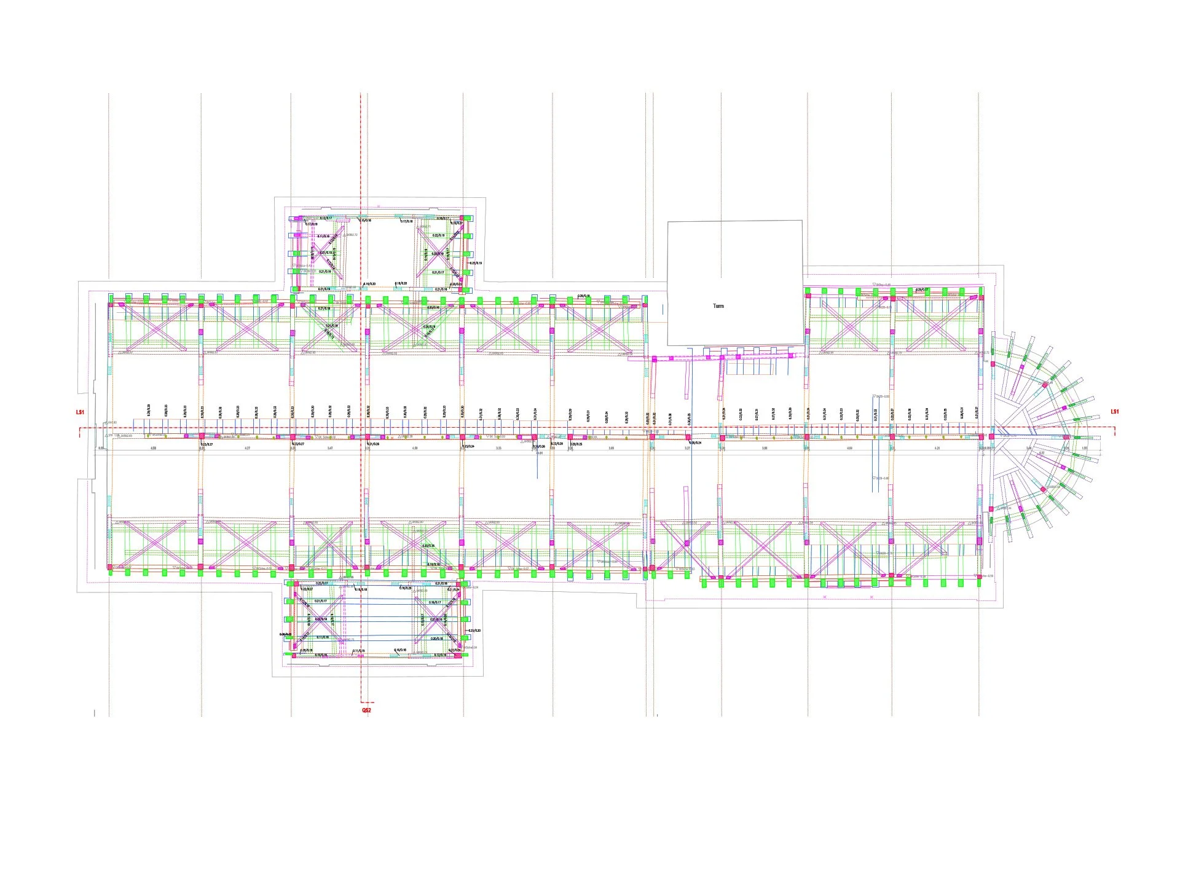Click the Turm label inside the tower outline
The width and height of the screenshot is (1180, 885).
(x=718, y=305)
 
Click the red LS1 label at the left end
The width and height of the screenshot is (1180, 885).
(x=80, y=412)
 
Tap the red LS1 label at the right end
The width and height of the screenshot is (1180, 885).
(x=1115, y=412)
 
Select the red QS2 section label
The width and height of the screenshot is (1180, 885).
(x=366, y=710)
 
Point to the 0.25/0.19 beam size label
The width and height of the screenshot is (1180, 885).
(x=476, y=263)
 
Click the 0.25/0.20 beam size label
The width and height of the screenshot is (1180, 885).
(x=474, y=631)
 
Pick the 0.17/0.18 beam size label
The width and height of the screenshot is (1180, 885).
(x=406, y=221)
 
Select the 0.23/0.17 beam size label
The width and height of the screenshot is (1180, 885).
(x=922, y=289)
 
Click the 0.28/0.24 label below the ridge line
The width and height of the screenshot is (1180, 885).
(x=695, y=442)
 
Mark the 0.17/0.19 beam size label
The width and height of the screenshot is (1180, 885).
(x=312, y=224)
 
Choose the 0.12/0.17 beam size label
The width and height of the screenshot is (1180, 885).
(x=326, y=218)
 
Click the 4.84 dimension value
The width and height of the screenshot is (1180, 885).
(x=849, y=449)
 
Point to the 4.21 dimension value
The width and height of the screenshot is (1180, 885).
(x=937, y=449)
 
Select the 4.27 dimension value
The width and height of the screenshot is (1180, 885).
(x=247, y=449)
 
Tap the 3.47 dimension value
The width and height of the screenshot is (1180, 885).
(x=330, y=449)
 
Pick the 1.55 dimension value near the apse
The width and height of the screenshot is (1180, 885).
(x=1084, y=449)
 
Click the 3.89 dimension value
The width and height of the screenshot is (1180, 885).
(x=611, y=449)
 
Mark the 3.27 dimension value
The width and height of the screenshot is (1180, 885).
(x=687, y=449)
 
